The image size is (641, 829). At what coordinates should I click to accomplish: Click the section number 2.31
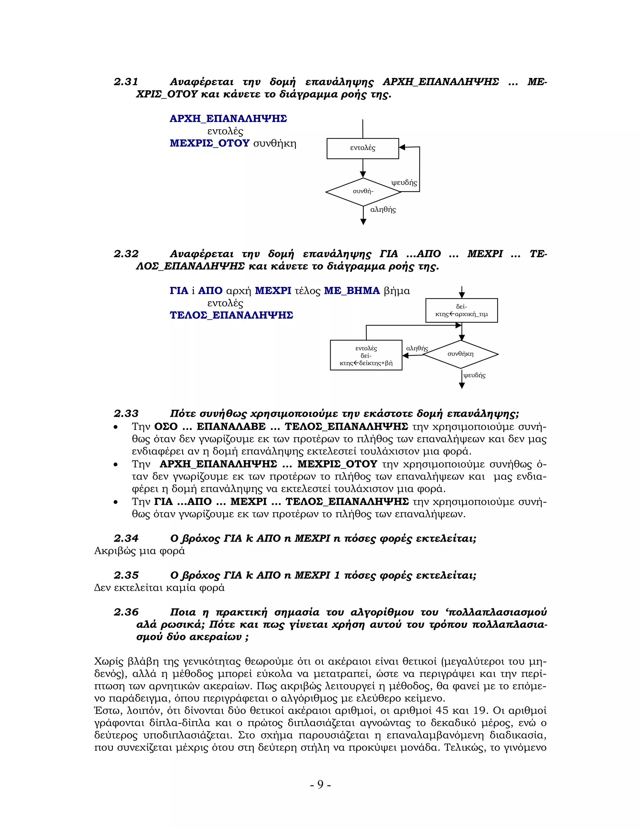(x=126, y=82)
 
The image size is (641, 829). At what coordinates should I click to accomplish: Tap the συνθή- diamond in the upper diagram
(x=363, y=192)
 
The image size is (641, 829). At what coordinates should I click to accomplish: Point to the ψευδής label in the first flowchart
(x=404, y=183)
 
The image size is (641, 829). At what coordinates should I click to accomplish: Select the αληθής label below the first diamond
(x=383, y=210)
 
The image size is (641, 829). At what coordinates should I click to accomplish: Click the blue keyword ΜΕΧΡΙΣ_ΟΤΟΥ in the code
(x=209, y=144)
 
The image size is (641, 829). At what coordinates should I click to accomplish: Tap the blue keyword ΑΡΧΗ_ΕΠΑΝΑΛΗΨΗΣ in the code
(x=228, y=119)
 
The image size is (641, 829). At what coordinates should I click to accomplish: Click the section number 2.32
(x=126, y=254)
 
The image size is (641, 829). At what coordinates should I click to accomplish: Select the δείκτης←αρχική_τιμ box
(x=461, y=311)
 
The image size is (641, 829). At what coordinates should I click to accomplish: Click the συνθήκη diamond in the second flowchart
(x=460, y=354)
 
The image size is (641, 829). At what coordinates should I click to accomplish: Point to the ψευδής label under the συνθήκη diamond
(x=474, y=375)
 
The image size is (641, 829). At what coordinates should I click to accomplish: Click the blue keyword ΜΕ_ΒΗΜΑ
(x=351, y=291)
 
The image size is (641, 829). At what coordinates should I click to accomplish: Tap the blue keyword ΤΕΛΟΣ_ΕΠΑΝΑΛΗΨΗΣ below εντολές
(x=231, y=315)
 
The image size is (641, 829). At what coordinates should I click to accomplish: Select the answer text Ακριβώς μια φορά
(x=139, y=551)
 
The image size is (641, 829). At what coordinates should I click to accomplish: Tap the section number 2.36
(x=126, y=612)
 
